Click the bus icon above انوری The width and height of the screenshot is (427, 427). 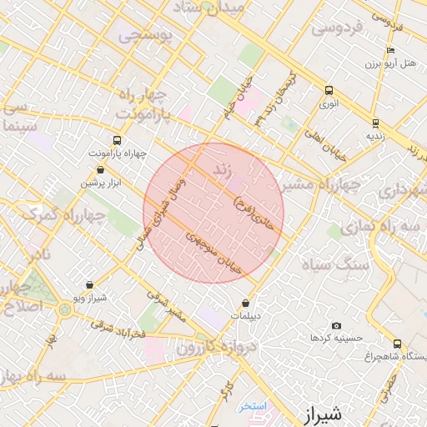coord(329,91)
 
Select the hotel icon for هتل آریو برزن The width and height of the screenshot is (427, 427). coord(390,50)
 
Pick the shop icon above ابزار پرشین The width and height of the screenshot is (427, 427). coord(101,169)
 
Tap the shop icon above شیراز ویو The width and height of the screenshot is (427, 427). coord(89,284)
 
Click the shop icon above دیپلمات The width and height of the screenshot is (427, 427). coord(245,304)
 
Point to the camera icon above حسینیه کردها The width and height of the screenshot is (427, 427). coord(336,325)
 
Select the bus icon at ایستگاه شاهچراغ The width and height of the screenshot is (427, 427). coord(397,343)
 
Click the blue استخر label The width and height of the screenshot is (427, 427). coord(252,406)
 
